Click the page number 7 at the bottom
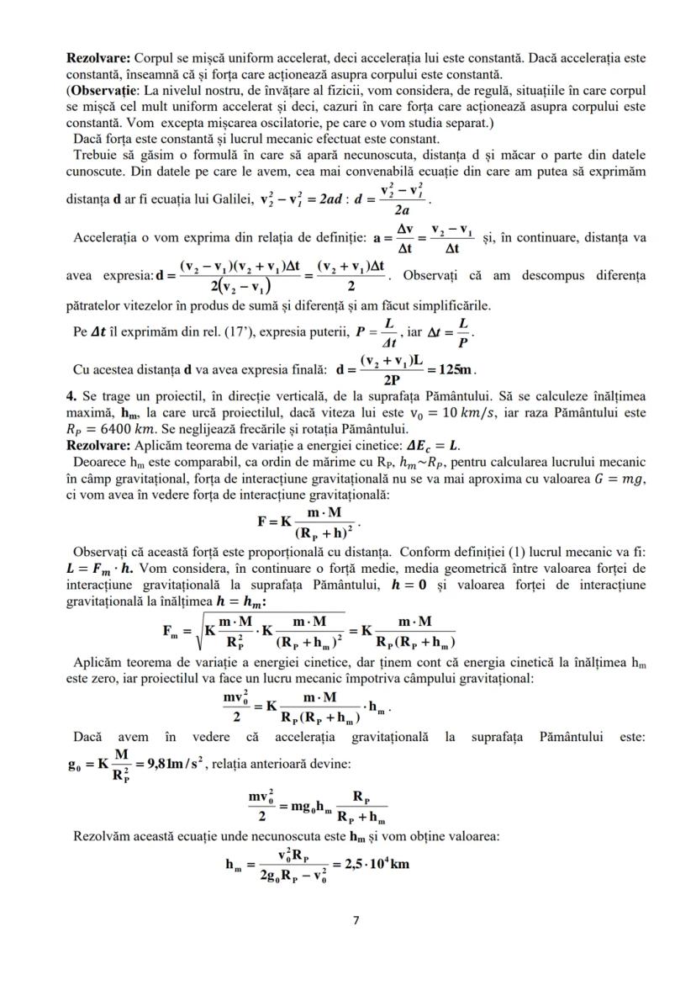pyautogui.click(x=355, y=920)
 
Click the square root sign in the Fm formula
pyautogui.click(x=198, y=631)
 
